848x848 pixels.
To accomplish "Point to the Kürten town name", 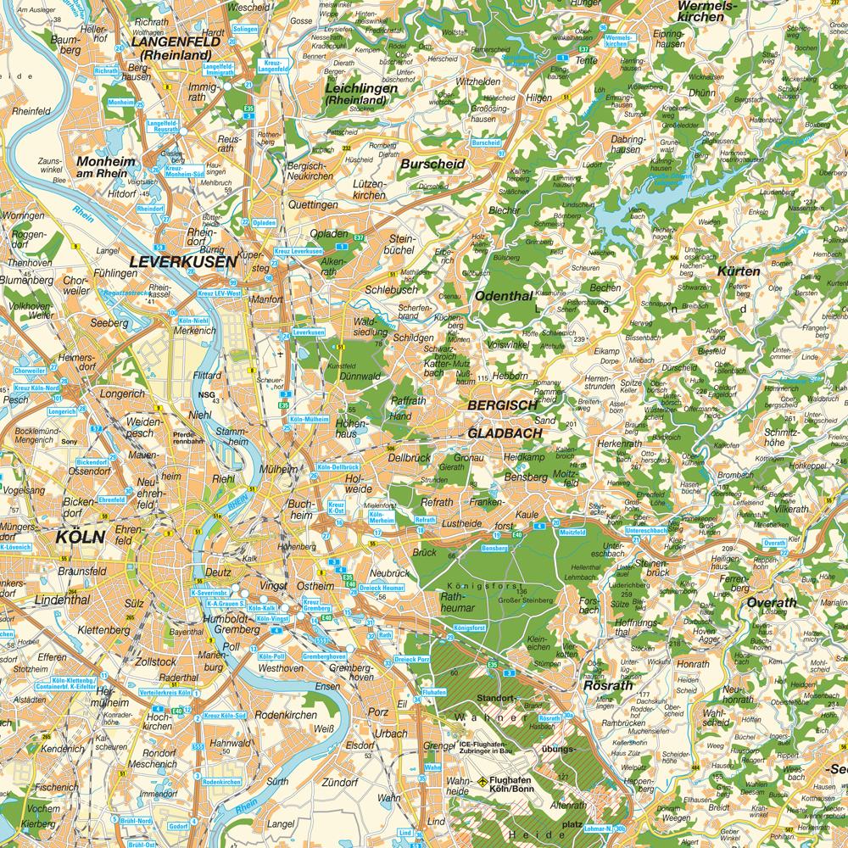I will [x=739, y=271].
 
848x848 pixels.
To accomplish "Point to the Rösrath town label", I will [x=605, y=686].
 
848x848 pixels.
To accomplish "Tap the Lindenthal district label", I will [x=61, y=600].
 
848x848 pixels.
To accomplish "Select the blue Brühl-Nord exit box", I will [x=137, y=821].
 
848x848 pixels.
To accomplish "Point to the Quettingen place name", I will [x=313, y=204].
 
